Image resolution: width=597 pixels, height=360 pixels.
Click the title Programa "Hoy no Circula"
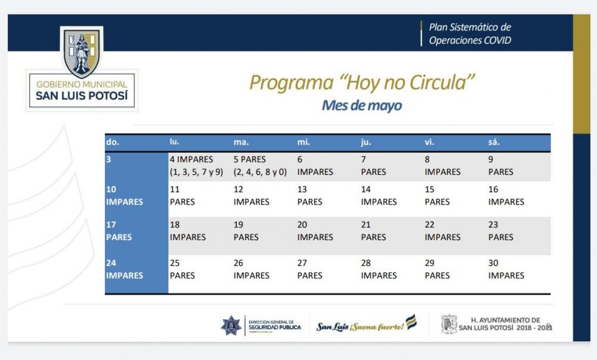coord(362,82)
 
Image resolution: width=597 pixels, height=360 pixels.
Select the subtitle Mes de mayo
coord(362,105)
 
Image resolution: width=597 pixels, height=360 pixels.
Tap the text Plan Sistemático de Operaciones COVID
coord(470,33)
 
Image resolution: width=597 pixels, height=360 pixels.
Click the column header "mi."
coord(304,142)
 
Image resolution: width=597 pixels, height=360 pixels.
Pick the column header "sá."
coord(494,142)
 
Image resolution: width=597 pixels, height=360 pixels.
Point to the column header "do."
coord(112,142)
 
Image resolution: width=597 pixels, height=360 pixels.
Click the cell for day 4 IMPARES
coord(197,166)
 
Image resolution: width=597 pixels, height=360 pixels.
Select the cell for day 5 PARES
coord(260,166)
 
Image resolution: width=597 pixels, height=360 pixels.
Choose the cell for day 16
coord(506,195)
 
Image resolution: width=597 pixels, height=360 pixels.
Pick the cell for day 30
coord(506,269)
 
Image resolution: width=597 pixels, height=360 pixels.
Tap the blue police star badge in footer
coord(231,326)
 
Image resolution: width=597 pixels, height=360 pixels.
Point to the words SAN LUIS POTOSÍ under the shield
coord(82,96)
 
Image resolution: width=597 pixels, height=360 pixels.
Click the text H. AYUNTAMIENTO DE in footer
coord(505,320)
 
